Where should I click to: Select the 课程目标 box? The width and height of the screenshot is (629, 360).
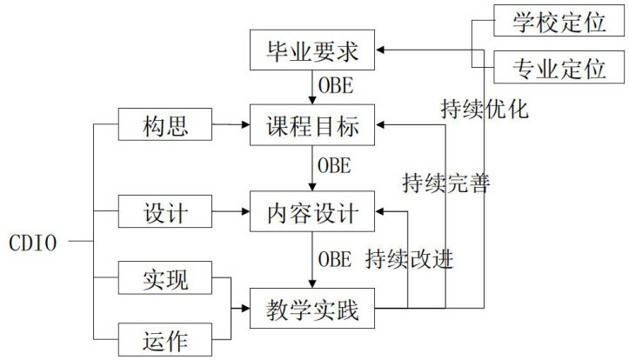(312, 126)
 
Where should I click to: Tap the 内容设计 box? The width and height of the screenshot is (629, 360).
(312, 210)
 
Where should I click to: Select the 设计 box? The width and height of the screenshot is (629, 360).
(164, 210)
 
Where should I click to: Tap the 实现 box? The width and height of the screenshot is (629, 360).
(164, 281)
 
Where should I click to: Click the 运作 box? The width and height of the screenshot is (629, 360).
(164, 337)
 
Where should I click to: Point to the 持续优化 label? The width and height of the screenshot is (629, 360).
(485, 110)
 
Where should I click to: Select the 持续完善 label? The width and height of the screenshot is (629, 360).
(446, 183)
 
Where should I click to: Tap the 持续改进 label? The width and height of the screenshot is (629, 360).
(410, 259)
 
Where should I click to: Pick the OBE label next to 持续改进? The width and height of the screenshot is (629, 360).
(335, 259)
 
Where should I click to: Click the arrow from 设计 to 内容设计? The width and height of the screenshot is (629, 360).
(231, 210)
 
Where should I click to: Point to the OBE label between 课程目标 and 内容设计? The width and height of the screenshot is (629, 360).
(335, 163)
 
